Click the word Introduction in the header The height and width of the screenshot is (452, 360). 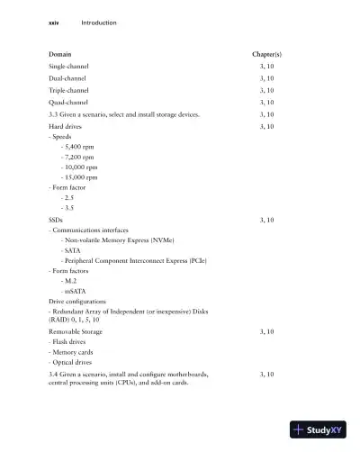pos(99,23)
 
